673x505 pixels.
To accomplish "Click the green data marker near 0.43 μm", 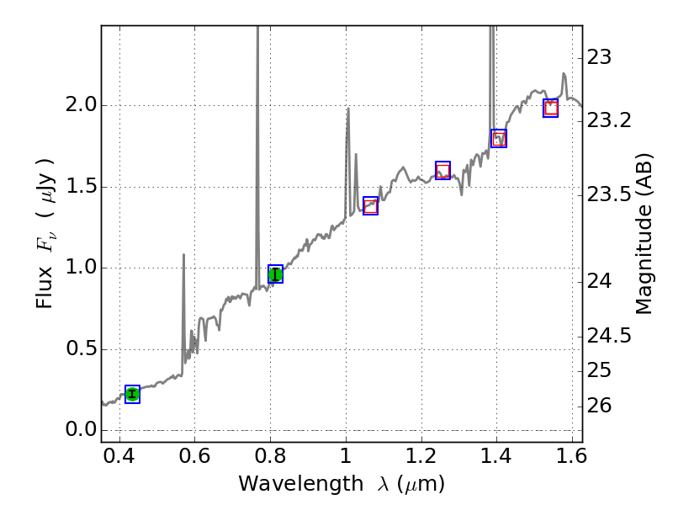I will click(132, 394).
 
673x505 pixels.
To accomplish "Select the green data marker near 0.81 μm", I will click(275, 274).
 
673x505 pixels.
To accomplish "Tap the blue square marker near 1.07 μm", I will click(370, 205).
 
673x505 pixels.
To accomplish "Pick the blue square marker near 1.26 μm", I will click(442, 170).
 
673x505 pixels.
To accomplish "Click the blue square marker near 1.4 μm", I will click(499, 138).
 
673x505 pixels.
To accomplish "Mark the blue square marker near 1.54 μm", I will click(551, 108).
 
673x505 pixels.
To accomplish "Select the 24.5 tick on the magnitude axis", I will click(609, 336).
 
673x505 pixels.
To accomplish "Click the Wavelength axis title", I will click(342, 484).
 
